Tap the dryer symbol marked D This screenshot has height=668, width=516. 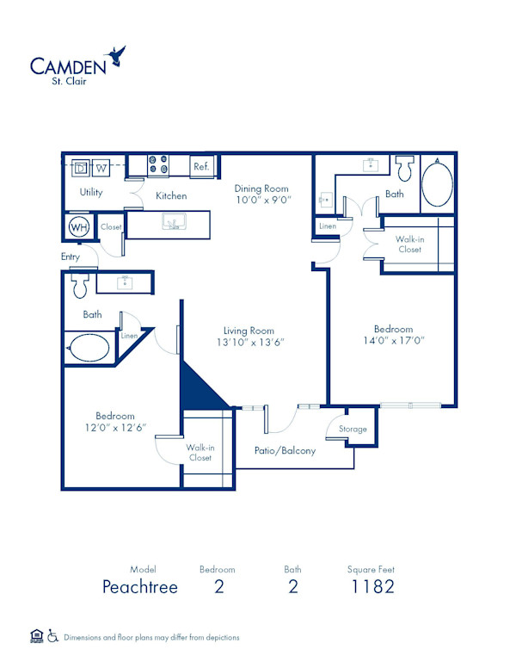click(82, 167)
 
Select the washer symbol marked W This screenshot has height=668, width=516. click(101, 167)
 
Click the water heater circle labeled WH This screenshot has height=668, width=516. click(79, 227)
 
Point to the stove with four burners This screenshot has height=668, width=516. click(158, 164)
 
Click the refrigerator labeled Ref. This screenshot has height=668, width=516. click(201, 166)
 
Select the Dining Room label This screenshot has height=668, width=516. click(261, 189)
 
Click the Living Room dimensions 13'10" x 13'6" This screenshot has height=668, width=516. click(249, 342)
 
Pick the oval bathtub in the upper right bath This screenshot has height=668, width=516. click(437, 184)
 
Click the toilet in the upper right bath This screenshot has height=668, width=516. click(403, 165)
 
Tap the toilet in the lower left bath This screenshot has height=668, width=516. click(79, 282)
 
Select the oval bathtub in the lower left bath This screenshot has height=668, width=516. click(89, 349)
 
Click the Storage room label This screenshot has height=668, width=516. click(353, 429)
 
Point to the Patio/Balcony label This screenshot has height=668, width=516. click(285, 450)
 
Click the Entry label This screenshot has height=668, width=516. click(71, 257)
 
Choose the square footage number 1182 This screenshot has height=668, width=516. click(372, 587)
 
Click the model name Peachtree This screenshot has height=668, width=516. click(139, 587)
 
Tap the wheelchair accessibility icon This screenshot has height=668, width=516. click(52, 637)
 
